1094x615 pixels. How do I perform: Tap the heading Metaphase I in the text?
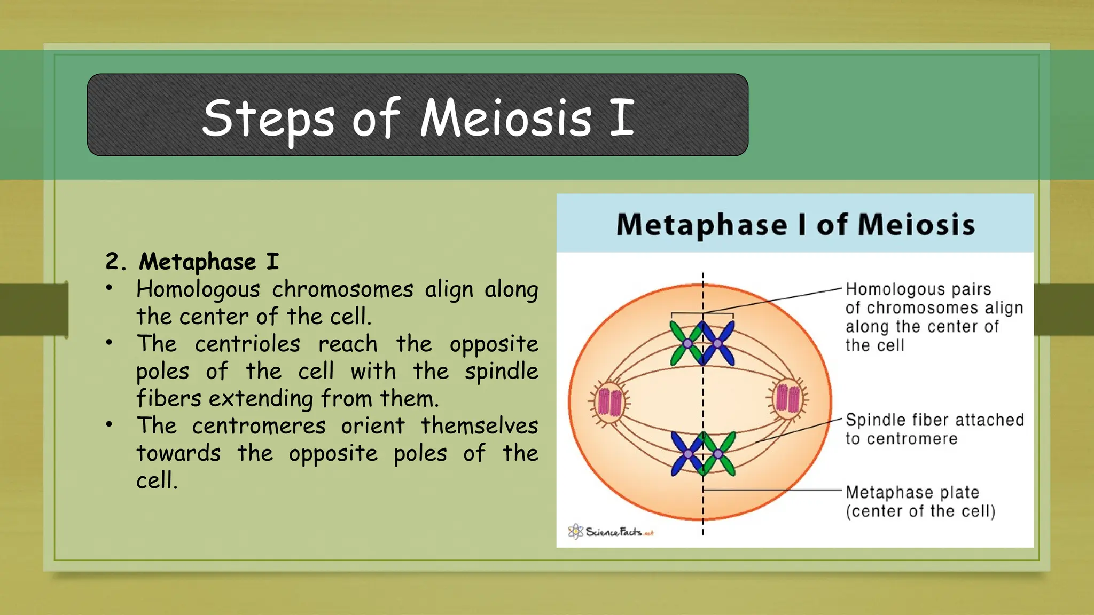coord(208,262)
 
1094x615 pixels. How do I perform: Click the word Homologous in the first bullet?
coord(198,289)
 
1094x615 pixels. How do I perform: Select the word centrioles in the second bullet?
coord(247,344)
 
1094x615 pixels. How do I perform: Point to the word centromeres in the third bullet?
coord(259,426)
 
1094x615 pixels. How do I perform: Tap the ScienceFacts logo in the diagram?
coord(611,531)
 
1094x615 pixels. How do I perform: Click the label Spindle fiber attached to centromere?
coord(934,429)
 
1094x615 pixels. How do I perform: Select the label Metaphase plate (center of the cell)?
coord(920,501)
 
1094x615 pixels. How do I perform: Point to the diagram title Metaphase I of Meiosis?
coord(795,224)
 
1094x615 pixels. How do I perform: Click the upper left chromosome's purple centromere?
coord(687,344)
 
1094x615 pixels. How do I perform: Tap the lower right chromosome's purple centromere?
coord(718,454)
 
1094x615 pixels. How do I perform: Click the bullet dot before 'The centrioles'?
coord(109,343)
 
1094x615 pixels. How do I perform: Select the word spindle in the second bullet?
coord(501,371)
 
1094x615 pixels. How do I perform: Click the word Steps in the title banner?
coord(268,118)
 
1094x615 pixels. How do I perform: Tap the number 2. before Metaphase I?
coord(115,262)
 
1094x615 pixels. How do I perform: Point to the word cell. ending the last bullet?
coord(157,480)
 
